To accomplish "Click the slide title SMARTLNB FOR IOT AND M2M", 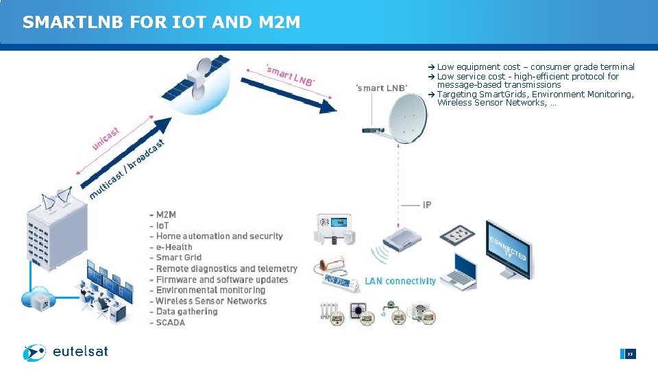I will (x=161, y=23).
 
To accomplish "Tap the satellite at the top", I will (x=195, y=78).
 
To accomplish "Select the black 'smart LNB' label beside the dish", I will (x=381, y=88).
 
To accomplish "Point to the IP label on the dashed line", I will (x=427, y=205).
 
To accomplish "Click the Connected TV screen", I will (x=507, y=248).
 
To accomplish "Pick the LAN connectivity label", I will (x=400, y=281).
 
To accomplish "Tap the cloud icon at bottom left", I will (x=38, y=298).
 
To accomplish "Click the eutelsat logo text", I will (x=80, y=352).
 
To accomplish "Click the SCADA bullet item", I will (x=170, y=323).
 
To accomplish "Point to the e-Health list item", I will (x=174, y=247).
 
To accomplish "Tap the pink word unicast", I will (x=106, y=139).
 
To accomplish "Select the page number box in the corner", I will (x=629, y=354).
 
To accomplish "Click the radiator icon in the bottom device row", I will (x=330, y=314).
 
